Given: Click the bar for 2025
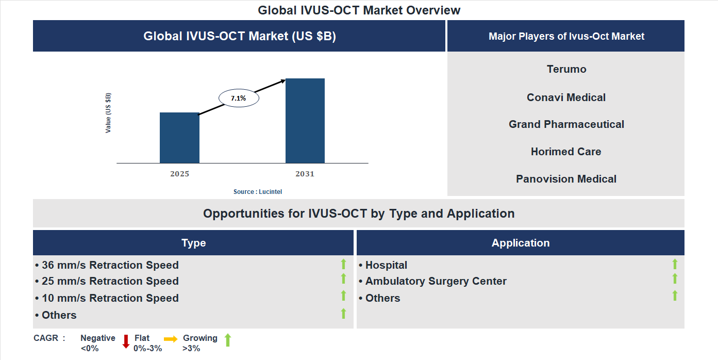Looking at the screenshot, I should point(179,138).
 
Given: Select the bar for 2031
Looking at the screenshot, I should point(305,121).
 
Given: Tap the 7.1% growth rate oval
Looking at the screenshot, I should point(239,98).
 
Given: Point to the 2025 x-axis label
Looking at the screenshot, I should point(179,174).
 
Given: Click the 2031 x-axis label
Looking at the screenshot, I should point(305,174).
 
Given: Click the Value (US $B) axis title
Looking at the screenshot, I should point(108,113).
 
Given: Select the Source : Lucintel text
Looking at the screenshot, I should point(258,192).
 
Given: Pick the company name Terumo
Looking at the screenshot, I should point(566,69).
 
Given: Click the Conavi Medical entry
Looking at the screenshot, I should point(566,97).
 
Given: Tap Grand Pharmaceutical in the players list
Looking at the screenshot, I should point(566,124).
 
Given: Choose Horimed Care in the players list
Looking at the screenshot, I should point(566,152).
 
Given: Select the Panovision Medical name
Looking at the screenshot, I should point(566,179).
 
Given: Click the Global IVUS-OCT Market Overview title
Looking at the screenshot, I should point(359,10).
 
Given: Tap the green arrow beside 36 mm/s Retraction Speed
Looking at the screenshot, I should point(343,265).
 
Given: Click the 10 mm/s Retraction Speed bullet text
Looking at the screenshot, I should point(110,298).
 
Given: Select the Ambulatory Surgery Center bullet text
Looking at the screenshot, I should point(436,281).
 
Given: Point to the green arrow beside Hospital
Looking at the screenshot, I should point(675,265).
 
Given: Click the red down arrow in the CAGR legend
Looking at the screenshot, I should point(126,341).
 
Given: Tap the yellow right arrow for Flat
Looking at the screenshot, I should point(171,339).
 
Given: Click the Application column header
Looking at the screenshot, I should point(520,243).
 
